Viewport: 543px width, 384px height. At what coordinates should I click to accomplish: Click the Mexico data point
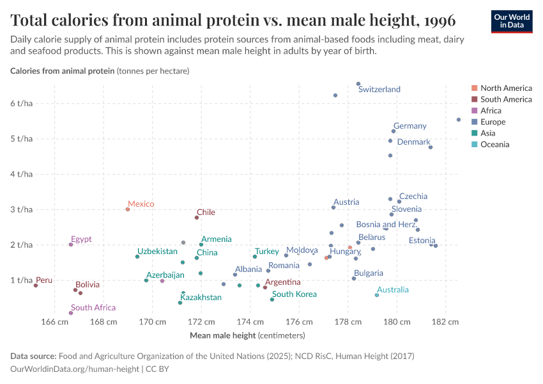point(128,209)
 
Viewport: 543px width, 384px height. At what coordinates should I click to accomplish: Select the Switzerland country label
point(379,90)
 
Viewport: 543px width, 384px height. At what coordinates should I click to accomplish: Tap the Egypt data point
point(71,244)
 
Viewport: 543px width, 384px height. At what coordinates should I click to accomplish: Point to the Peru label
point(44,280)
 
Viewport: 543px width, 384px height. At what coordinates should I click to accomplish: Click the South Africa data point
point(71,313)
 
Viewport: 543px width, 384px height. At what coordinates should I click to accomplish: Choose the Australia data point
point(377,295)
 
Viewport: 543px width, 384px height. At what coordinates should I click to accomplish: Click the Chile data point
point(197,218)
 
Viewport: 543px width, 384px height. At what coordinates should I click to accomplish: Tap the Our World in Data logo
point(511,21)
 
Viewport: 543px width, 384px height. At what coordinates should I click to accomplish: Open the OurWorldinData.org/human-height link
point(75,369)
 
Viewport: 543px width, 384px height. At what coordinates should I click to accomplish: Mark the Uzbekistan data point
point(137,257)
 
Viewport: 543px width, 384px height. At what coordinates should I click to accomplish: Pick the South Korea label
point(294,294)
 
